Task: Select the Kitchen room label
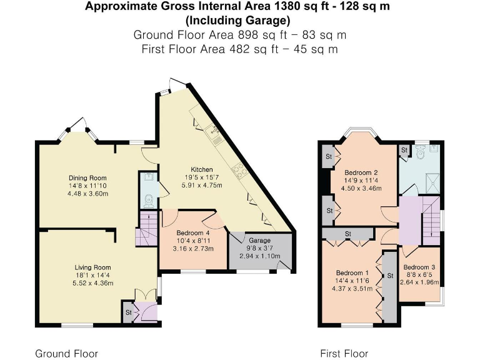click(202, 169)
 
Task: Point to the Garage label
click(259, 240)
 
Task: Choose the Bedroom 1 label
click(352, 272)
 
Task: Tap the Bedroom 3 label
click(419, 267)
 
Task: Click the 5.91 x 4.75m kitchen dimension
click(202, 185)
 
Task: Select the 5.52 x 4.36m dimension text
click(87, 282)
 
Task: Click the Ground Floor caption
click(66, 354)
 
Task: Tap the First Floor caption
click(344, 354)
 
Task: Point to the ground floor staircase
click(147, 228)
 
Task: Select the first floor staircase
click(431, 219)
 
